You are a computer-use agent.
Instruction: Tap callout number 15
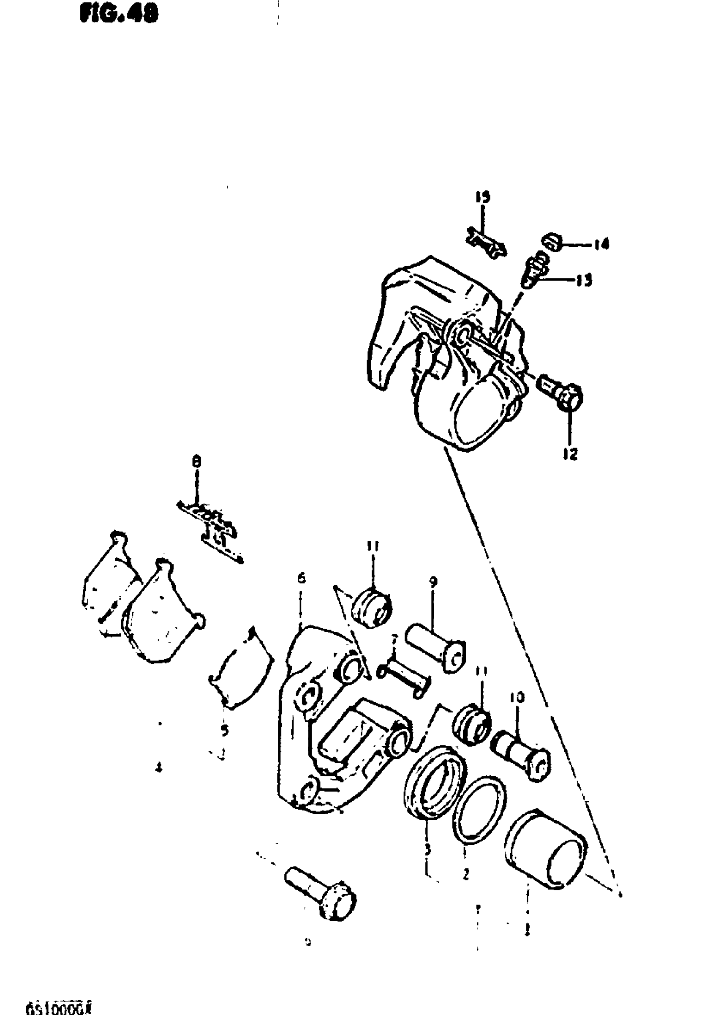click(483, 197)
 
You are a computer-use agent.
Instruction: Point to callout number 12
click(570, 454)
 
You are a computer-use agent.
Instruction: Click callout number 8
click(197, 462)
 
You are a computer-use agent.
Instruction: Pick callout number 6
click(301, 578)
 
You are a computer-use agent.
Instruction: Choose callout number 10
click(518, 698)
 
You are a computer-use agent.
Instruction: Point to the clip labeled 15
click(486, 243)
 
